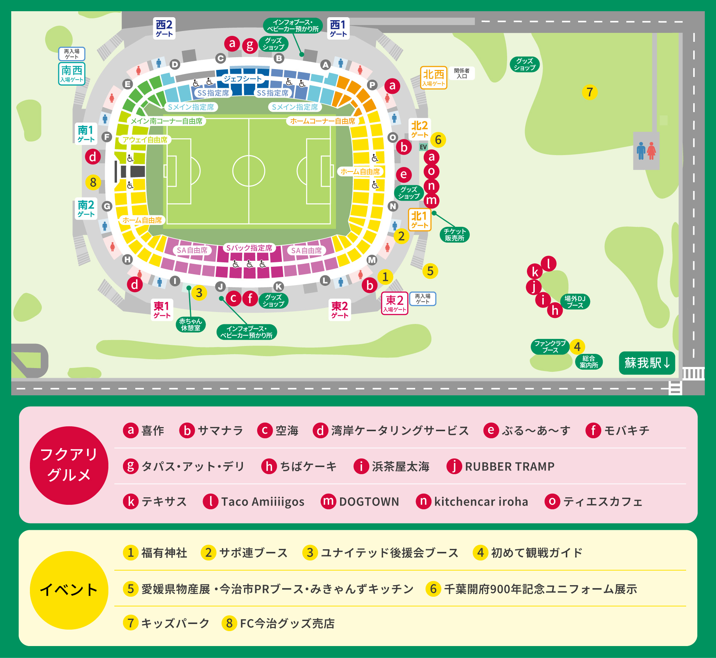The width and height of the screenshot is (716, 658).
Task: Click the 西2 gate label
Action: click(x=164, y=28)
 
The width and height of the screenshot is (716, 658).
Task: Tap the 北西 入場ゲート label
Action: click(x=433, y=78)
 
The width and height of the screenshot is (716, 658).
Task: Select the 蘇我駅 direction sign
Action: click(x=647, y=363)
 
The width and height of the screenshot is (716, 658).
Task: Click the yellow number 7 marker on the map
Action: click(x=590, y=92)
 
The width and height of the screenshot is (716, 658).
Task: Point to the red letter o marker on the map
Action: click(x=431, y=172)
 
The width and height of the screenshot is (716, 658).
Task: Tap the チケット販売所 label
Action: click(x=454, y=235)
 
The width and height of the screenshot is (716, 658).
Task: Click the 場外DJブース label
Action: click(x=575, y=302)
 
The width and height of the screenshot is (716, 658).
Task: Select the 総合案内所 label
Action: click(x=589, y=362)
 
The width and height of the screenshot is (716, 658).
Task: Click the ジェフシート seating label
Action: click(x=243, y=79)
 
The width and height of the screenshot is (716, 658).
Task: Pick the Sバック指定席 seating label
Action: click(x=249, y=248)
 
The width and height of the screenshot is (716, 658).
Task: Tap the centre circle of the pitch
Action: click(x=249, y=171)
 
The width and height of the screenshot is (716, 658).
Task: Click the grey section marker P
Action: click(x=372, y=85)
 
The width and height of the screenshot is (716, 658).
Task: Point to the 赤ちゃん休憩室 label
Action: click(x=191, y=324)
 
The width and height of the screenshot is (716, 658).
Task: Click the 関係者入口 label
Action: click(x=462, y=73)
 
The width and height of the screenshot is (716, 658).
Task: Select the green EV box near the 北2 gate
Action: click(x=423, y=147)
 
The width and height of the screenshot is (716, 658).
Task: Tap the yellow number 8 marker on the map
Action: click(x=93, y=182)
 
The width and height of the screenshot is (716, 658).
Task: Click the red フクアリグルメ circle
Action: click(x=69, y=465)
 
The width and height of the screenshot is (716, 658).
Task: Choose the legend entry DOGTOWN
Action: click(x=368, y=501)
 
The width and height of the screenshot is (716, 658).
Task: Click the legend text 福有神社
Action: click(x=164, y=553)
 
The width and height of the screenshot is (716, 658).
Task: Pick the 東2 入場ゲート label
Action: click(x=394, y=303)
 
